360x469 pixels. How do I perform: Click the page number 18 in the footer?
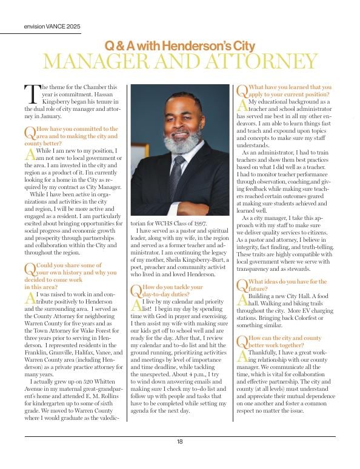[x=180, y=442]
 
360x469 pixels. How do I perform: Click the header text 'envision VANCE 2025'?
[x=52, y=27]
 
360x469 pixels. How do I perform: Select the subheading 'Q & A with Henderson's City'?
[x=180, y=45]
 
